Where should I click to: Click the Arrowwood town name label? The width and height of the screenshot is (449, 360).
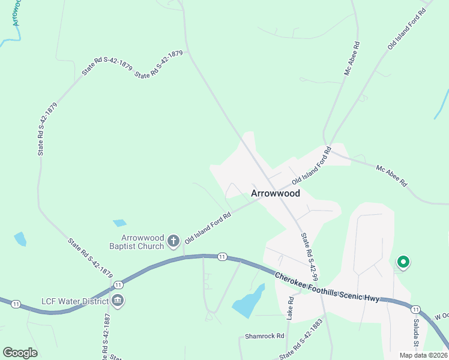274,193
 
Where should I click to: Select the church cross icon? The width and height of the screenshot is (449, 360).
173,241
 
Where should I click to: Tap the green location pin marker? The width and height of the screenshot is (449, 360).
403,262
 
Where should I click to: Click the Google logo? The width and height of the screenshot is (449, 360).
20,353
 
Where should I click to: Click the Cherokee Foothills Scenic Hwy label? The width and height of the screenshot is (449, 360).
327,289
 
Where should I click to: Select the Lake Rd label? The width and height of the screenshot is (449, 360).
291,307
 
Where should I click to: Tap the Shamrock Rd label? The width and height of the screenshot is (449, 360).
264,336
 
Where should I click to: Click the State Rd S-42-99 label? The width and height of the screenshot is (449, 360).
309,257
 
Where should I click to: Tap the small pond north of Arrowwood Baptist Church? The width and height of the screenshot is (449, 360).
119,223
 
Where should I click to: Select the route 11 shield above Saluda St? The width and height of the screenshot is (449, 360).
415,309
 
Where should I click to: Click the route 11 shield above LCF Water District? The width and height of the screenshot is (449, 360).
118,284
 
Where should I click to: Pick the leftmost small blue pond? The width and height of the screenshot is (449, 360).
20,239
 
